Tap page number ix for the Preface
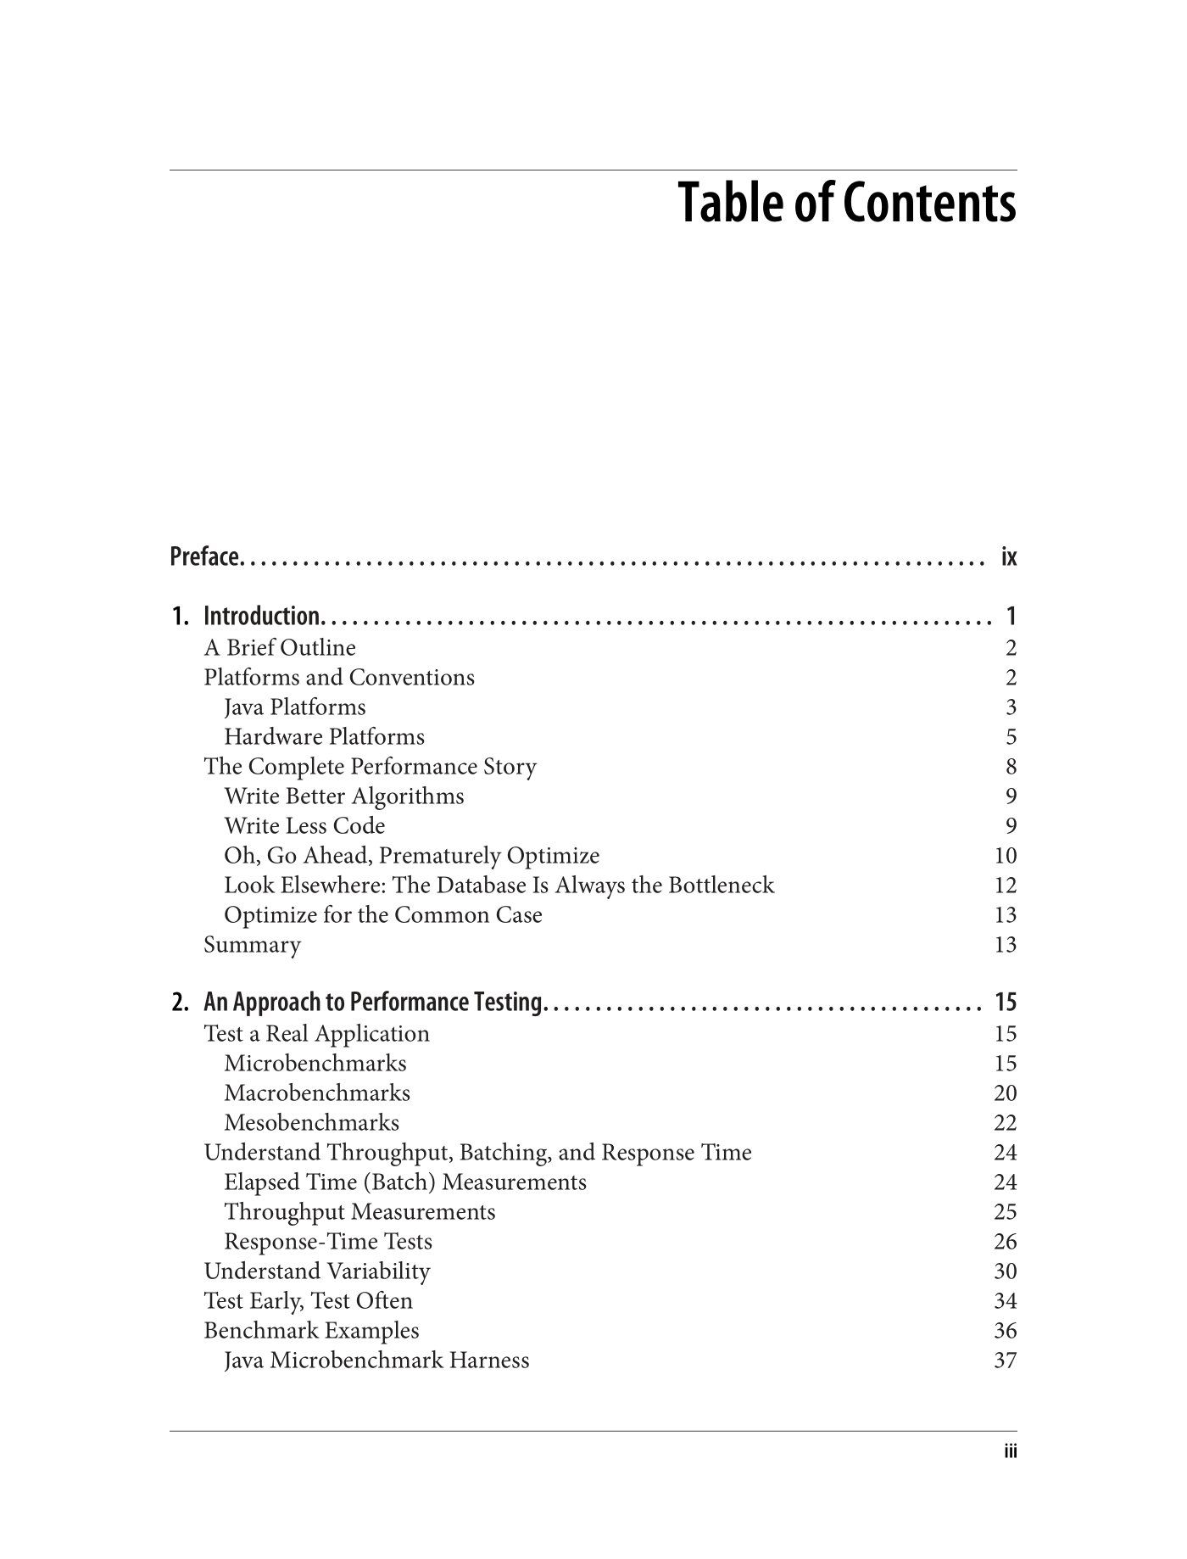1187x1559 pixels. [x=1008, y=557]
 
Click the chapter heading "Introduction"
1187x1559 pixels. [x=261, y=616]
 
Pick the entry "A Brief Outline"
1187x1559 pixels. [x=280, y=648]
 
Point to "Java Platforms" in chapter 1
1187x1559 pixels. [x=295, y=707]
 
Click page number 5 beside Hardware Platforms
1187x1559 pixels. [x=1011, y=737]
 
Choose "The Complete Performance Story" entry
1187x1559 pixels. [x=370, y=767]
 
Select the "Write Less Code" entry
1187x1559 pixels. [x=304, y=826]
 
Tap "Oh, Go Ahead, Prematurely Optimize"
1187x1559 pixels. [x=411, y=856]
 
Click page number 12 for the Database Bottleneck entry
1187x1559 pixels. [x=1005, y=886]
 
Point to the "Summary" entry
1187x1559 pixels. [x=252, y=945]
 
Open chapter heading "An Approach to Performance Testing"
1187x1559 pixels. [x=372, y=1003]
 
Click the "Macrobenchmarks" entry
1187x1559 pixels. [x=317, y=1093]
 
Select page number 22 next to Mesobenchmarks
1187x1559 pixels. [x=1005, y=1123]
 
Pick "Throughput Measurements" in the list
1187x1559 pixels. [x=359, y=1212]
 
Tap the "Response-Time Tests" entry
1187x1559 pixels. [x=328, y=1242]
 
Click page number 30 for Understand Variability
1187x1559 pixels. [x=1005, y=1271]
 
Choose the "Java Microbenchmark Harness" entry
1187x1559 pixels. [x=376, y=1361]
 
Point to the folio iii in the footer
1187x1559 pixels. [x=1010, y=1452]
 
